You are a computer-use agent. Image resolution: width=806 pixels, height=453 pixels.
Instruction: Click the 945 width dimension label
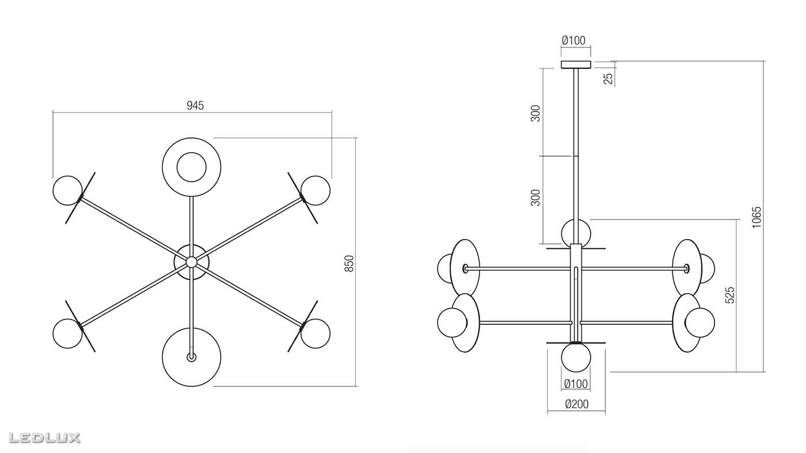(x=195, y=105)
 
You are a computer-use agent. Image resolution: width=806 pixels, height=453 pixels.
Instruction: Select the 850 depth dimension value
(x=349, y=263)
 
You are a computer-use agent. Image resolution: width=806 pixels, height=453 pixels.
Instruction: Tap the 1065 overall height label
(x=756, y=217)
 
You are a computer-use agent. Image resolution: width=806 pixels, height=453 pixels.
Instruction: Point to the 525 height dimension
(x=730, y=294)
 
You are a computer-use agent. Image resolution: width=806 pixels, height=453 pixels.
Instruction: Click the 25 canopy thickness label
(x=608, y=78)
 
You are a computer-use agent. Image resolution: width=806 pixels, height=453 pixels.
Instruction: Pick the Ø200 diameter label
(x=576, y=404)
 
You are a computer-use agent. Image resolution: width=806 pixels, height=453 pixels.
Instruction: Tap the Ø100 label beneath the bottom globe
(x=576, y=384)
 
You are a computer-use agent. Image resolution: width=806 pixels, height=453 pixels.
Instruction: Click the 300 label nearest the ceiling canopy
(x=536, y=113)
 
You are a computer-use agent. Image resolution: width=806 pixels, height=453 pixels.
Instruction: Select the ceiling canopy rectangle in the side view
(x=576, y=64)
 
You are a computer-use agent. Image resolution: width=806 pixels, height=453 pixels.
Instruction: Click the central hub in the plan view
(x=191, y=262)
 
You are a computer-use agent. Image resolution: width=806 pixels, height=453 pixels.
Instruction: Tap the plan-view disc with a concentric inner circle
(x=191, y=167)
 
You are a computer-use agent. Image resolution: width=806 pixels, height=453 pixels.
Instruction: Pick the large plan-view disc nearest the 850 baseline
(x=191, y=356)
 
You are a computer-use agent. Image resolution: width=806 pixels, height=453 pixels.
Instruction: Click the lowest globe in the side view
(x=576, y=357)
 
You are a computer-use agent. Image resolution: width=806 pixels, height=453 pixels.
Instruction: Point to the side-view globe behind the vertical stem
(x=576, y=232)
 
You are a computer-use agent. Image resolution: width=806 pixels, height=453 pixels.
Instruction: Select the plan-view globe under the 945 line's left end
(x=67, y=190)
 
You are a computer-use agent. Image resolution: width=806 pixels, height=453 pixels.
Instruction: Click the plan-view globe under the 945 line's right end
(x=315, y=190)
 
